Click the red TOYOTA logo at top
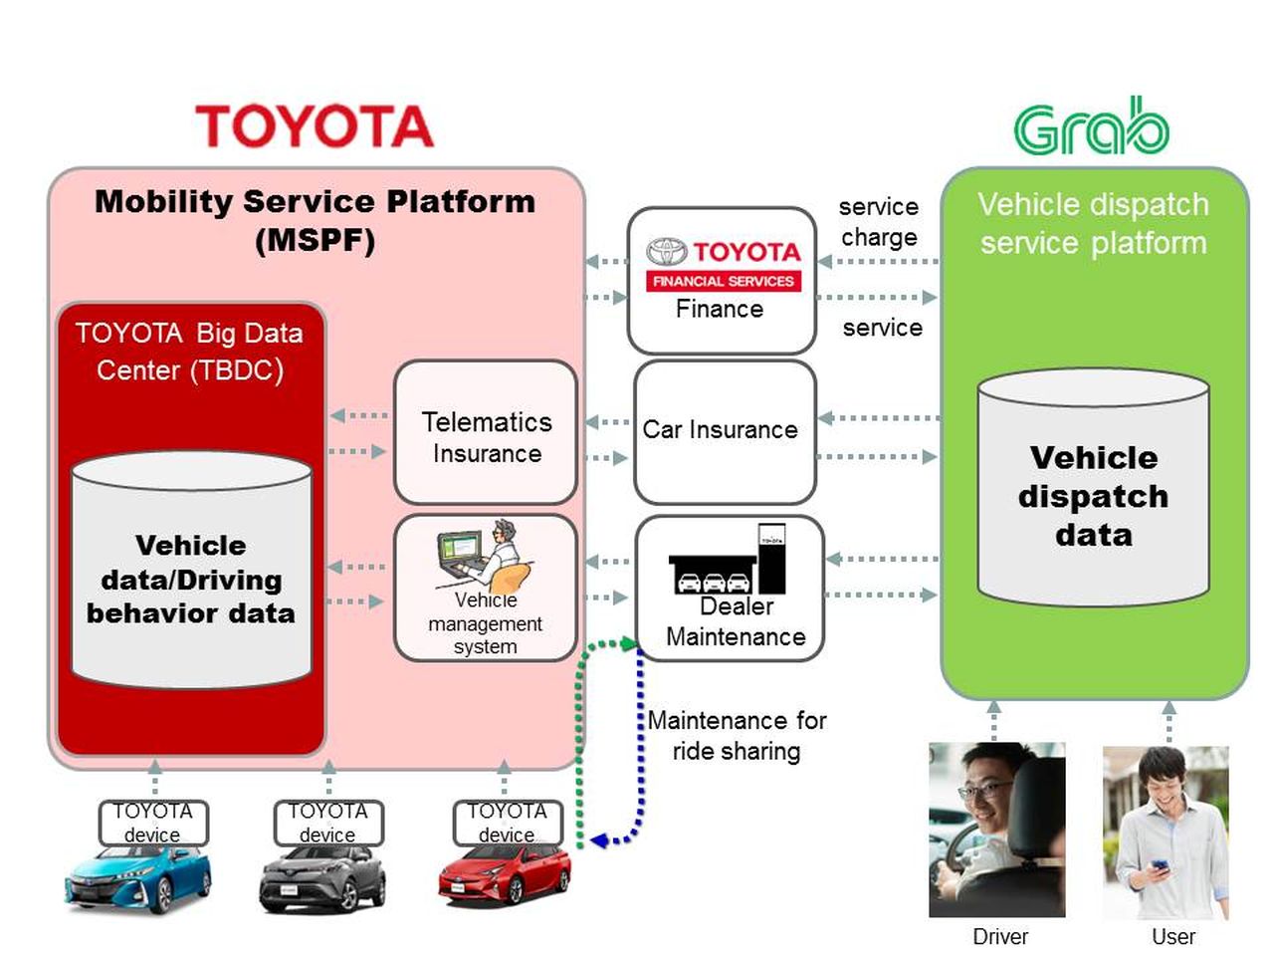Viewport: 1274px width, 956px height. (x=315, y=126)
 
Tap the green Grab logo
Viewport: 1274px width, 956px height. (x=1091, y=127)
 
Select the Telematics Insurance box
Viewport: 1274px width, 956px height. (x=486, y=434)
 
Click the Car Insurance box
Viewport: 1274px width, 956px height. (x=724, y=430)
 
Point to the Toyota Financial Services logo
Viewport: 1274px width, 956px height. (x=723, y=263)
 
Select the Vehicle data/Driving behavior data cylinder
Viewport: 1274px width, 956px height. (x=191, y=572)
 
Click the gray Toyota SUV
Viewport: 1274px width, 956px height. (x=322, y=879)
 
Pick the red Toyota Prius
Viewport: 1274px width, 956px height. (x=505, y=875)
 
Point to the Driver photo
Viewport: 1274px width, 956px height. (x=996, y=829)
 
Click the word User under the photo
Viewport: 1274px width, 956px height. (x=1172, y=937)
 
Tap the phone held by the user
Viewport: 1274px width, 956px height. (x=1160, y=866)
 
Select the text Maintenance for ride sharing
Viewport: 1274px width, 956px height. (x=737, y=735)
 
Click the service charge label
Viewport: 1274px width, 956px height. (x=879, y=222)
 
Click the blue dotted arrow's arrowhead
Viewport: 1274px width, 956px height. (x=598, y=841)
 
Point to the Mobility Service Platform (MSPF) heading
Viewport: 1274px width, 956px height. (x=315, y=220)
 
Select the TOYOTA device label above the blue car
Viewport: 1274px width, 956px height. (x=153, y=823)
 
